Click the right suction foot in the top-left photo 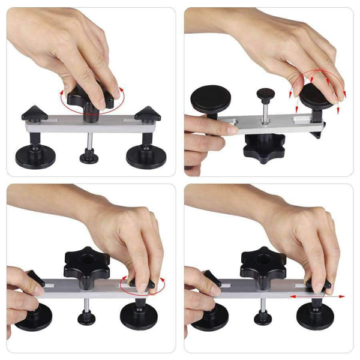[142, 157]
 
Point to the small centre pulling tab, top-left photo [89, 158]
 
